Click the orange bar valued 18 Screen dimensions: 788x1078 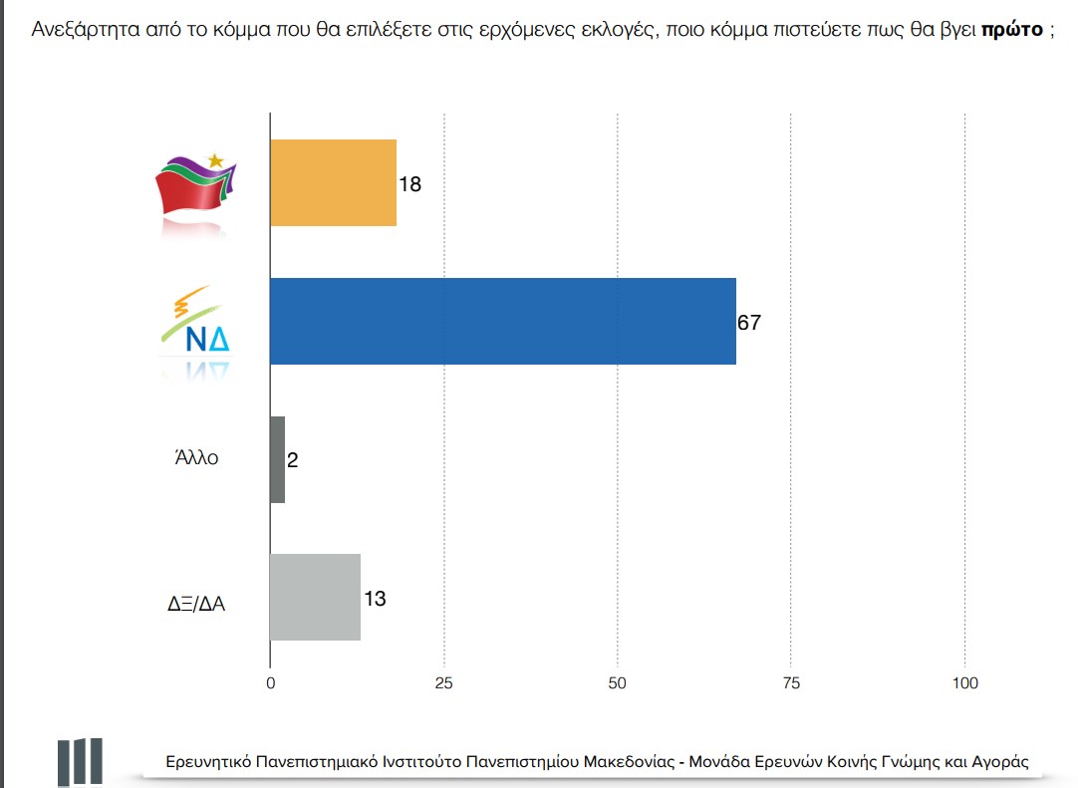333,182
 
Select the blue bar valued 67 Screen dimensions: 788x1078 502,321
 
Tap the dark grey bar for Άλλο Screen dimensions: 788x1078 277,459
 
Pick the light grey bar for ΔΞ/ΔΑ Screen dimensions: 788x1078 315,597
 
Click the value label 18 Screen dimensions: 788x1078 409,184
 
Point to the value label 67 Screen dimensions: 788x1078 749,323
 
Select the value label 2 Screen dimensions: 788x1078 293,460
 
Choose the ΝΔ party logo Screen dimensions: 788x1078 196,324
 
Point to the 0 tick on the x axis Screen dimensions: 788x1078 270,683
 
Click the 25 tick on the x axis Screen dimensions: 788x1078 444,683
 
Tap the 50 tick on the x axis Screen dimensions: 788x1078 618,683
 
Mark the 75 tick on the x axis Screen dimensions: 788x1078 791,683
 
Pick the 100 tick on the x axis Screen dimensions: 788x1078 964,683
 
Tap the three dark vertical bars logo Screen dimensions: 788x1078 79,762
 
